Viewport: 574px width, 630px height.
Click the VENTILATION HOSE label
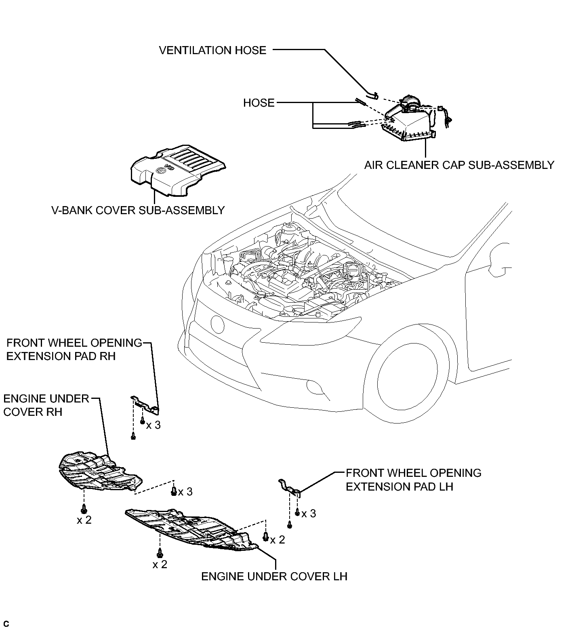[x=212, y=51]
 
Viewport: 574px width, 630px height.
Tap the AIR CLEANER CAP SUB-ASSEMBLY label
[x=459, y=165]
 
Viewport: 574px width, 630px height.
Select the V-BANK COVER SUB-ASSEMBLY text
[x=138, y=210]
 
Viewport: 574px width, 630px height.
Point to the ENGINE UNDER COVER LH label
[x=274, y=576]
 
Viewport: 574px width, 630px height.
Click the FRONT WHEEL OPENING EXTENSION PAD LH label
[x=414, y=480]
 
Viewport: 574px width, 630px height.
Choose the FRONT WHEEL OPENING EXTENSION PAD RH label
[x=74, y=350]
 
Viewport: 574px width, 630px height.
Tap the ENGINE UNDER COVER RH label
[x=46, y=405]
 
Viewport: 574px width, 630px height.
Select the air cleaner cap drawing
[x=410, y=121]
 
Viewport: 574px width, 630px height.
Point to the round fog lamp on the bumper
[x=217, y=323]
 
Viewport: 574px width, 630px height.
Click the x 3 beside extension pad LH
[x=309, y=514]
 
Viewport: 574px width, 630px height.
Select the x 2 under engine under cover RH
[x=84, y=520]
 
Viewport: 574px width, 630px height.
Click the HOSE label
[x=259, y=103]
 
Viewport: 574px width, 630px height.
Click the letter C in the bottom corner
[x=6, y=624]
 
